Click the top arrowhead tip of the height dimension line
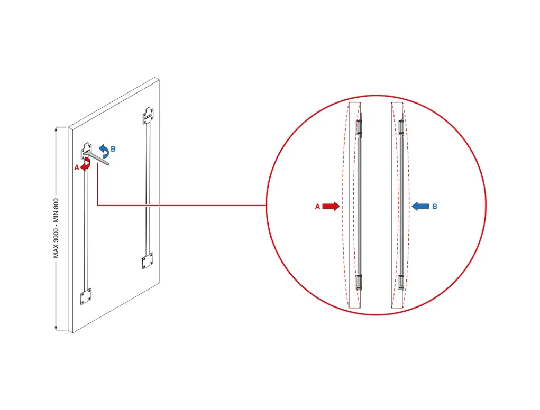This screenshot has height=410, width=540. click(56, 127)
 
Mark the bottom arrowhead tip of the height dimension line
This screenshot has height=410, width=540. click(56, 330)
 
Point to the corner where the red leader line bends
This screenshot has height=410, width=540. click(98, 206)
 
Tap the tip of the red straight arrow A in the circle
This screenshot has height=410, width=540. click(340, 207)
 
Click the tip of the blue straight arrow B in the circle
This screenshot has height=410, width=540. click(412, 207)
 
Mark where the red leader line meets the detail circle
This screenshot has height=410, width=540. click(266, 206)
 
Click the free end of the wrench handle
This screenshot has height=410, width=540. click(108, 164)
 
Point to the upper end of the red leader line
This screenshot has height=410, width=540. click(98, 163)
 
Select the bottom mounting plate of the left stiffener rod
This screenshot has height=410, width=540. click(86, 296)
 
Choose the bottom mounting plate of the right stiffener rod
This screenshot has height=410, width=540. click(148, 260)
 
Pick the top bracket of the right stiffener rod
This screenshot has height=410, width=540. click(148, 116)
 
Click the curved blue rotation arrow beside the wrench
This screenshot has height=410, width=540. click(104, 151)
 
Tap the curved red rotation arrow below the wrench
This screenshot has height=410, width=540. click(85, 164)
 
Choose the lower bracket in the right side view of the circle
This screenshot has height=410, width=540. click(400, 282)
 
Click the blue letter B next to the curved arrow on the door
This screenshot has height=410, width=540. click(113, 150)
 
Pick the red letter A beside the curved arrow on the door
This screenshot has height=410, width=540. click(77, 168)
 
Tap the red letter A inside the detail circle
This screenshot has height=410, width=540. click(317, 207)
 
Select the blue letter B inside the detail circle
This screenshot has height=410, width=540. click(435, 207)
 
